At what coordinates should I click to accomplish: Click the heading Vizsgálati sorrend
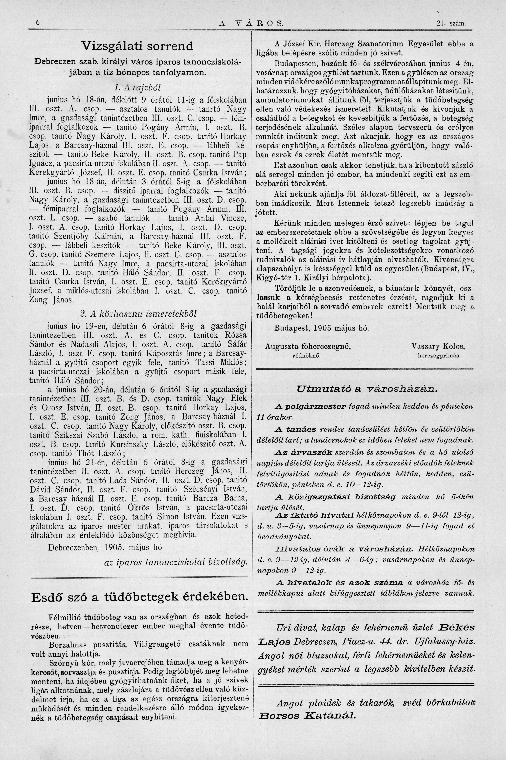[x=137, y=46]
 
